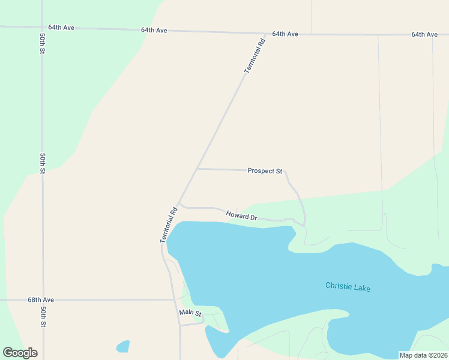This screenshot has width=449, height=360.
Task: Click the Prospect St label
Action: [x=265, y=171]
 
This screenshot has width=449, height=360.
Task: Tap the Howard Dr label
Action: [x=241, y=215]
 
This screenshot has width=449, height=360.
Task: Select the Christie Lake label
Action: [x=348, y=287]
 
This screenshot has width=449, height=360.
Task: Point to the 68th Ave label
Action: [x=41, y=299]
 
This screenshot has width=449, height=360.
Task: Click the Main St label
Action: [x=190, y=313]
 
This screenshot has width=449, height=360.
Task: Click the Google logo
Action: [x=20, y=353]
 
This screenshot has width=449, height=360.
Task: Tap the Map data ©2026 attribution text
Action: [x=423, y=355]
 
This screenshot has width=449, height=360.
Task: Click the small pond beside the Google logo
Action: [x=122, y=346]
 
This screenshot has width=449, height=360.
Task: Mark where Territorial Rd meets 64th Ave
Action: [x=266, y=34]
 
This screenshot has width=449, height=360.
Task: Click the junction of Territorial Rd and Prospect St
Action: [x=197, y=169]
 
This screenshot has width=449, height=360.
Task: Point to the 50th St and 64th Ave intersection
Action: [x=42, y=28]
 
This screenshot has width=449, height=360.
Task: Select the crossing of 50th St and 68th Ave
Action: [x=43, y=299]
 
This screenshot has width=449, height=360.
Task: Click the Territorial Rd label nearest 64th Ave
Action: [x=254, y=56]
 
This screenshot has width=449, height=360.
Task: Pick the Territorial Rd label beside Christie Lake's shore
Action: [x=169, y=224]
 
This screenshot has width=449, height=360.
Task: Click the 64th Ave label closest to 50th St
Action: [x=61, y=28]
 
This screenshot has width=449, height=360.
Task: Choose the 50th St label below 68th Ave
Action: [x=43, y=316]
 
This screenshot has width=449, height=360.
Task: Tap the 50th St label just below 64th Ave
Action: [x=43, y=44]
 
